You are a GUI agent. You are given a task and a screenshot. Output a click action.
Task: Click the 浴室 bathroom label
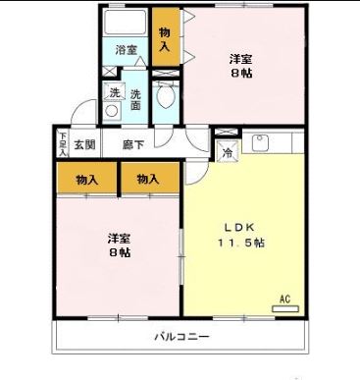coord(126,50)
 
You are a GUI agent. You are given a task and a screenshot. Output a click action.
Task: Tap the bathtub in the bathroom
coord(126,23)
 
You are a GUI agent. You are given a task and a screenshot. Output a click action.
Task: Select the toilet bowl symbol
coord(167,98)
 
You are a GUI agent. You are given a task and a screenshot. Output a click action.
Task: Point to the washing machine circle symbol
coord(114,111)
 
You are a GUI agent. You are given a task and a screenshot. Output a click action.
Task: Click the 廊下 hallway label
coord(133,144)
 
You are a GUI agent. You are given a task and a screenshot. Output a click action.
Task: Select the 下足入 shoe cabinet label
coord(63,144)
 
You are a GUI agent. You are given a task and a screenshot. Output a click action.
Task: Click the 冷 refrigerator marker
coord(227,152)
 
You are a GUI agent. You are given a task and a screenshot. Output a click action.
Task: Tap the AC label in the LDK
coord(285,298)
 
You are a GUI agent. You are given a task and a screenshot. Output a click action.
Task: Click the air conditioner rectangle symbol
coord(285,308)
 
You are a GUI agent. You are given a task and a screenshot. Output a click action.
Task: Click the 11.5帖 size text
coord(240,244)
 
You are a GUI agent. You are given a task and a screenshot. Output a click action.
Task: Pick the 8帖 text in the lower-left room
coord(120,252)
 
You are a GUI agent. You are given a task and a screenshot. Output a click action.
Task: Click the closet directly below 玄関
coord(86,179)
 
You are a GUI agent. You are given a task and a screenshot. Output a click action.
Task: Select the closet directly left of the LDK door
coord(149,179)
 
